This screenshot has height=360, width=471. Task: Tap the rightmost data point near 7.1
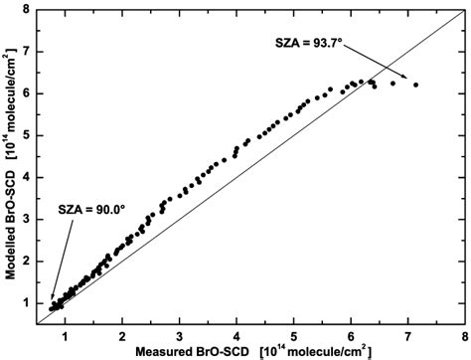(415, 85)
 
